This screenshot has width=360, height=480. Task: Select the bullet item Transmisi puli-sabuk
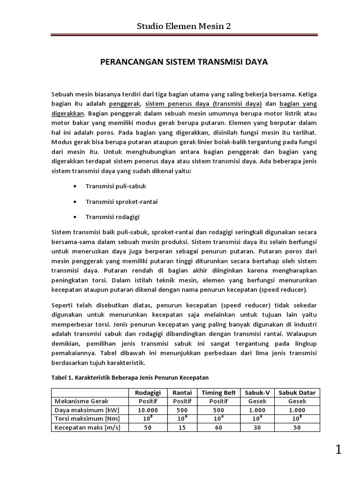116,186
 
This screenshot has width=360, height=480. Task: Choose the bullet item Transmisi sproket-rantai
121,202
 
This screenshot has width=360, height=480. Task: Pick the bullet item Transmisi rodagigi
112,217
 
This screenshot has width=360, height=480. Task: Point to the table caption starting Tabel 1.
130,377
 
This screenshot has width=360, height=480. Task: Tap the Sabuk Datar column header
297,392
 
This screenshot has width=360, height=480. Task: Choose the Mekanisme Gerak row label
82,401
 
